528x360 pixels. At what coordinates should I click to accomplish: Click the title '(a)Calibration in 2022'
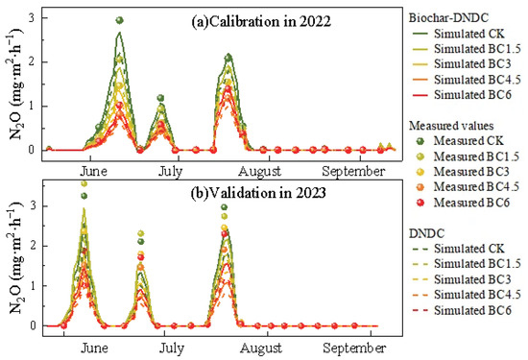261,21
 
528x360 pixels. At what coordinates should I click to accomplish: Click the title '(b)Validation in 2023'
258,193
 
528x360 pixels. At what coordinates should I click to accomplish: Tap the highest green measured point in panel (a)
119,20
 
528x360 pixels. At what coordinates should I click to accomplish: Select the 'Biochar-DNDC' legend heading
448,17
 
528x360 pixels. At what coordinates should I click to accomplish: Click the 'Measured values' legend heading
451,126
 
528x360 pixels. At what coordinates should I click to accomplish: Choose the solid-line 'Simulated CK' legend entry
458,34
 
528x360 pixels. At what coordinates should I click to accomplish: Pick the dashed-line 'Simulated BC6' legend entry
462,310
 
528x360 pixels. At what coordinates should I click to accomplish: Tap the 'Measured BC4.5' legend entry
468,186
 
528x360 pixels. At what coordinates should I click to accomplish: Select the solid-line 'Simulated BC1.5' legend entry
467,49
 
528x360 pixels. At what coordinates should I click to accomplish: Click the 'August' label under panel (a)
259,172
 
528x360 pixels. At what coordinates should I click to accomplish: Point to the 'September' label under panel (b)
354,348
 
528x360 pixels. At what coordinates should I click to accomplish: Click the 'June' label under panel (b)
94,348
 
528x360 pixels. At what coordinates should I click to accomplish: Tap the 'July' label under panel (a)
170,172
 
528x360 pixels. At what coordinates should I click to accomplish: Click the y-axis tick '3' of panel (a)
32,18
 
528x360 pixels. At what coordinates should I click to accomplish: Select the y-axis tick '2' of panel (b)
33,246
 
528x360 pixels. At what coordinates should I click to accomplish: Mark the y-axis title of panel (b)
15,258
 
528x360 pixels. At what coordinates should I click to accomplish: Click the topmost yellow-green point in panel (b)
84,184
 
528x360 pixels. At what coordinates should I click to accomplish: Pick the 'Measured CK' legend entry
460,141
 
